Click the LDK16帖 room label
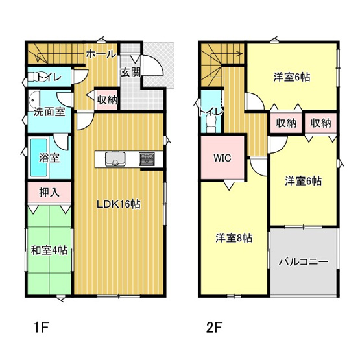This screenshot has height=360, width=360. (119, 204)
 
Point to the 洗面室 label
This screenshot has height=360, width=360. (49, 112)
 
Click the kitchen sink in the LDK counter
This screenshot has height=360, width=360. (111, 159)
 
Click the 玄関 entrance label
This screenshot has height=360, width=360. (130, 72)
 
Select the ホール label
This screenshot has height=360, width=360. (101, 53)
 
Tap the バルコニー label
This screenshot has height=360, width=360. (304, 263)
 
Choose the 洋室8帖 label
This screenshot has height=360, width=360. (234, 237)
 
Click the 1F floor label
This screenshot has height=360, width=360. (40, 327)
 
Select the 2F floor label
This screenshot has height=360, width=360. (215, 327)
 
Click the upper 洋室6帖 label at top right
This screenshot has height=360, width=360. (291, 77)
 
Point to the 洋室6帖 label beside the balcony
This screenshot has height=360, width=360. (304, 182)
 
